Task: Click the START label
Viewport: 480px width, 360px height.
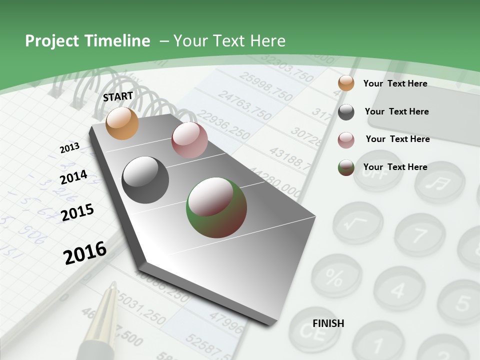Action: [118, 96]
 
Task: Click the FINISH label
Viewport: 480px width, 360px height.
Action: [328, 323]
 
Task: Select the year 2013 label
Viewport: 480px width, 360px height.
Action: [69, 147]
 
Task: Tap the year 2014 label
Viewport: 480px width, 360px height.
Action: [73, 177]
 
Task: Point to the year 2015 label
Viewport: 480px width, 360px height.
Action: [77, 212]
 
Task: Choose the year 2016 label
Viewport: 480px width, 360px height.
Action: [85, 252]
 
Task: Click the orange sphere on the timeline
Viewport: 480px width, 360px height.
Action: [122, 123]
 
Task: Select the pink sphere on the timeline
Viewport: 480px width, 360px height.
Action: [189, 140]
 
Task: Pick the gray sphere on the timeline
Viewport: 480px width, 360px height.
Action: [145, 180]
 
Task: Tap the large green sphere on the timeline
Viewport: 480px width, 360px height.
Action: [216, 207]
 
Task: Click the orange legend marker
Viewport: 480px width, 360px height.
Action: [346, 83]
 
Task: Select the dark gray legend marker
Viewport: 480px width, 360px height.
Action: [346, 112]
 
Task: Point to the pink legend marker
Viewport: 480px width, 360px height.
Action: [346, 140]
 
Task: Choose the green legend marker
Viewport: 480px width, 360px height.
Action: [346, 167]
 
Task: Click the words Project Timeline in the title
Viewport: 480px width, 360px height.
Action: [87, 41]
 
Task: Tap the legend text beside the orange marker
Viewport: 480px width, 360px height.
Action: [395, 83]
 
